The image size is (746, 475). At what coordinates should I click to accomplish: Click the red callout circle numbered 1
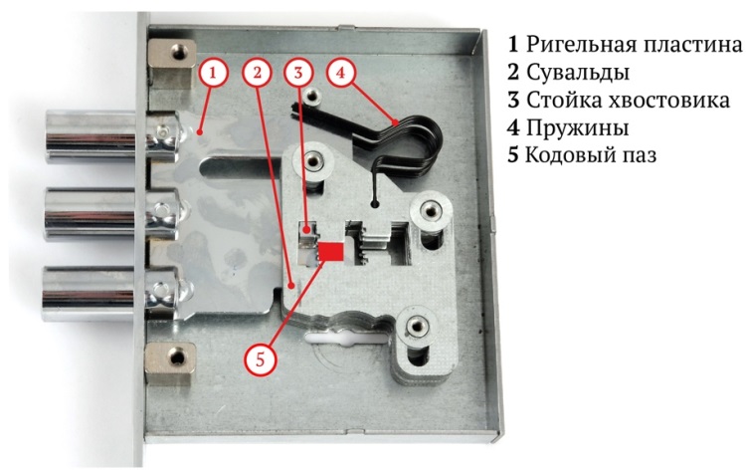[x=213, y=73]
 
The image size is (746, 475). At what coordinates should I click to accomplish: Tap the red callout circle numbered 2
[x=257, y=73]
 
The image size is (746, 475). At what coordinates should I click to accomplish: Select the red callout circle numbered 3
[x=298, y=73]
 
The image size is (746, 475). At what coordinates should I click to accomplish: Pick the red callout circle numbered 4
[x=340, y=73]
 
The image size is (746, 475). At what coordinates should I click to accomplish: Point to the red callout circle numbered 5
[x=260, y=359]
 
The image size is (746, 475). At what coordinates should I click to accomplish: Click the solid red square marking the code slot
[x=330, y=252]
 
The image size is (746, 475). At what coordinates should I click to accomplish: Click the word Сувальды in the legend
[x=578, y=73]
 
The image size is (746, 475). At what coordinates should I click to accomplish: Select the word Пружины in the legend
[x=577, y=127]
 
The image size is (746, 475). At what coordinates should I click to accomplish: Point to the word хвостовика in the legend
[x=670, y=100]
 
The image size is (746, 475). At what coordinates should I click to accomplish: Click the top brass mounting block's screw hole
[x=178, y=50]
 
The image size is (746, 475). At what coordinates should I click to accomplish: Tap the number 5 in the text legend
[x=513, y=155]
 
